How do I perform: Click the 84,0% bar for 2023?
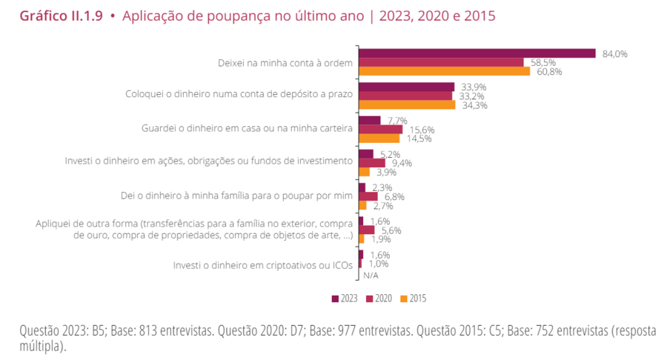pos(477,53)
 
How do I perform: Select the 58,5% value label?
pos(540,63)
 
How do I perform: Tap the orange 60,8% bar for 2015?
pos(444,72)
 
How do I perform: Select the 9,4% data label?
pos(401,163)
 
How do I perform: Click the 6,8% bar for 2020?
pos(368,196)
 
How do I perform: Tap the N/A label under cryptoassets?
pos(371,275)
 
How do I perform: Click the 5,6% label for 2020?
pos(391,230)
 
